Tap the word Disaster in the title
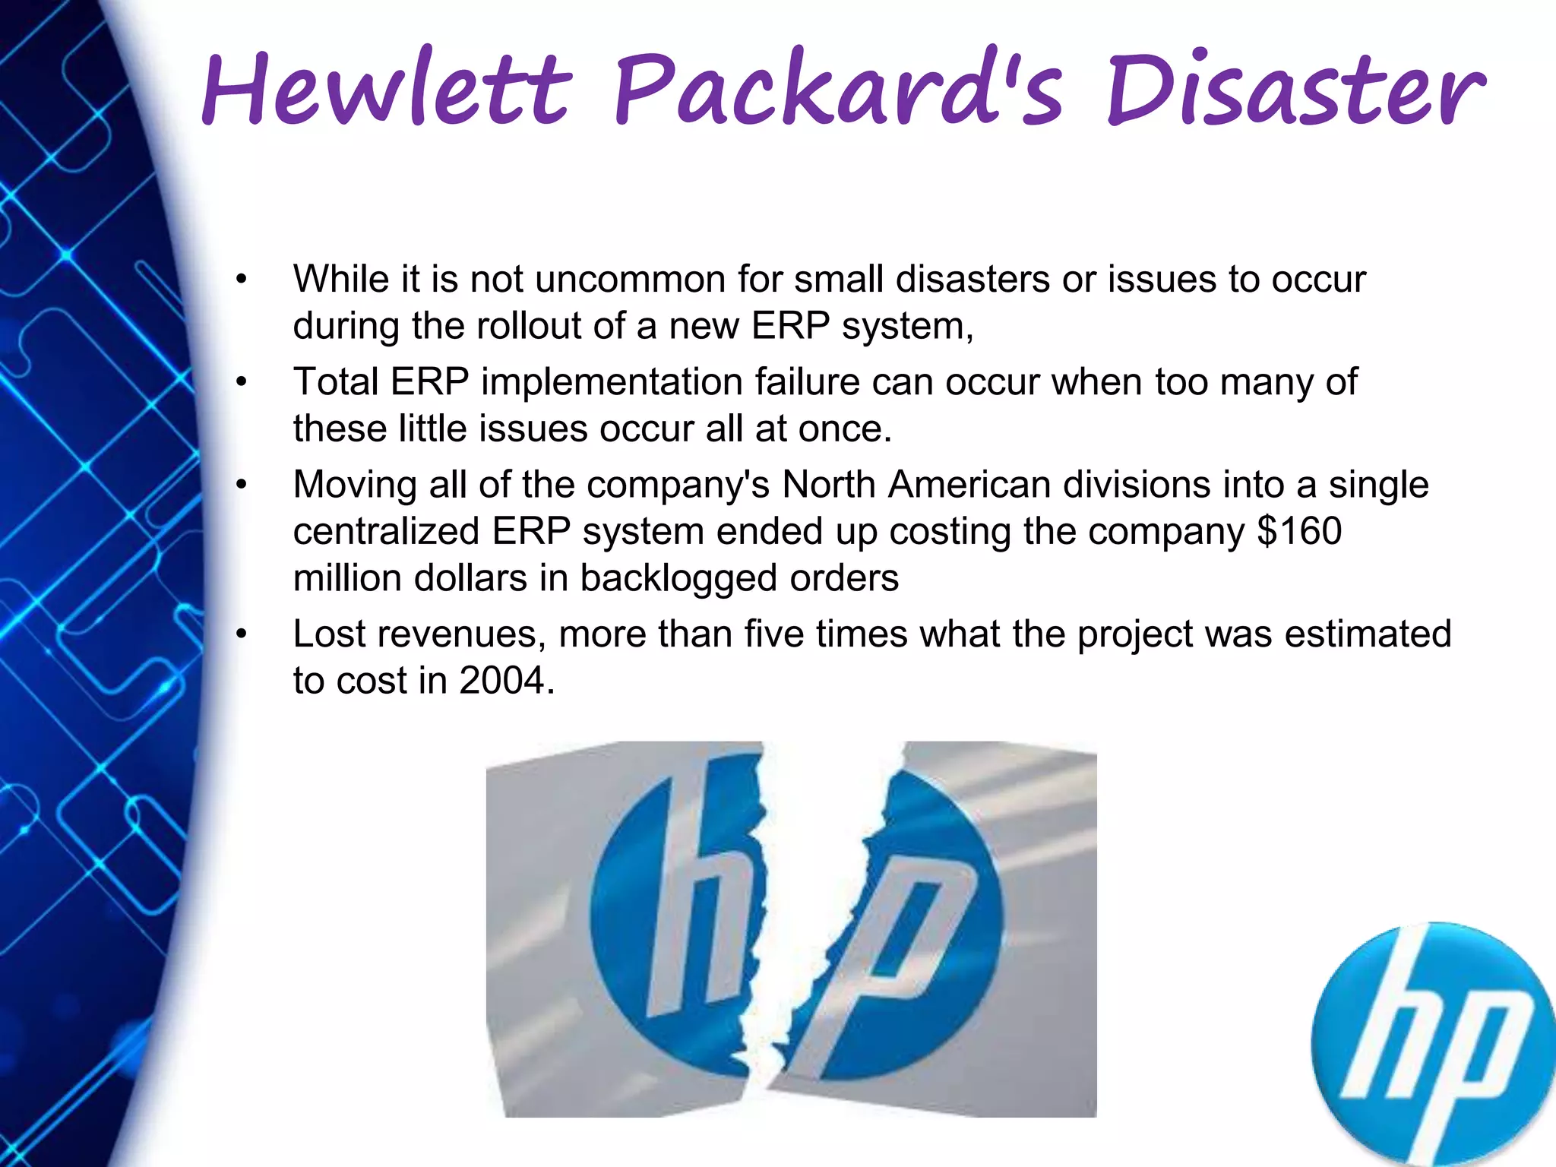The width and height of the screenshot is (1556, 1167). pyautogui.click(x=1295, y=90)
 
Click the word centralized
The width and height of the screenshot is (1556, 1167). pyautogui.click(x=386, y=530)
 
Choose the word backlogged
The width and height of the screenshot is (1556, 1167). pyautogui.click(x=678, y=577)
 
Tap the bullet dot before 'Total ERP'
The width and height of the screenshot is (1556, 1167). pyautogui.click(x=242, y=382)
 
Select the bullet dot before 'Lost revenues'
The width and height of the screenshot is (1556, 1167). pyautogui.click(x=242, y=634)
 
